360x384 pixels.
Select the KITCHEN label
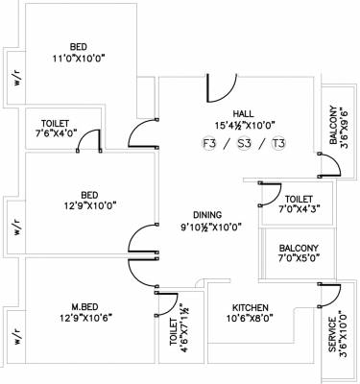[249, 308]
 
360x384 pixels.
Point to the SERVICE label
[333, 335]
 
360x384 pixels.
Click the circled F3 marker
[210, 145]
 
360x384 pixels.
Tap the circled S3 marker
[246, 145]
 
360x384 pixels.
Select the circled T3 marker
[279, 145]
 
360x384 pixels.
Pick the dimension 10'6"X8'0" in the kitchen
[248, 321]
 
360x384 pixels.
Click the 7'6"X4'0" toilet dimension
[55, 134]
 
